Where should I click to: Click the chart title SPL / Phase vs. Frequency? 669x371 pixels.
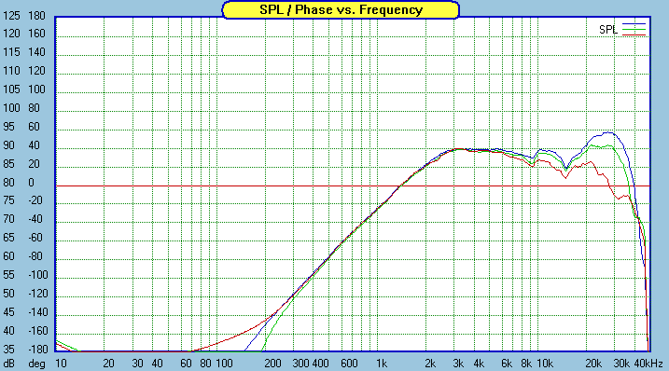(x=340, y=9)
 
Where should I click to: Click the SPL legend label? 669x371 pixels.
(x=608, y=30)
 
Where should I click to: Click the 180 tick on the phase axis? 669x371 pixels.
(x=37, y=16)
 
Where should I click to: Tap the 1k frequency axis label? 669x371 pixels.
(x=381, y=363)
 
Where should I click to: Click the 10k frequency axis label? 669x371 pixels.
(x=543, y=363)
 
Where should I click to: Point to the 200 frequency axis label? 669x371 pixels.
(x=273, y=363)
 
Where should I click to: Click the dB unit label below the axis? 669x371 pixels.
(x=9, y=363)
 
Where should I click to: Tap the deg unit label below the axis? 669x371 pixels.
(x=36, y=363)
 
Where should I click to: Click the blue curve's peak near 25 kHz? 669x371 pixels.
(x=608, y=132)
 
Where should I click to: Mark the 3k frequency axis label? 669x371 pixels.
(x=458, y=363)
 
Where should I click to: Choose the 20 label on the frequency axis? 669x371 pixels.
(x=109, y=363)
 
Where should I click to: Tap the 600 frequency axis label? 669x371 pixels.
(x=349, y=363)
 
